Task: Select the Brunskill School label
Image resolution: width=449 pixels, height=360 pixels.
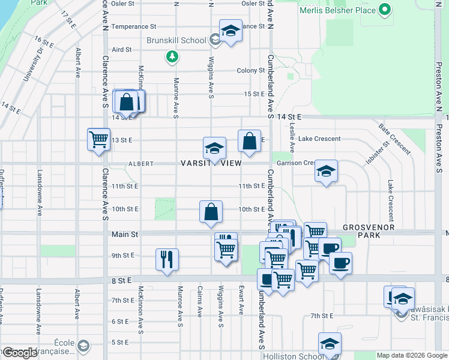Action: click(x=176, y=41)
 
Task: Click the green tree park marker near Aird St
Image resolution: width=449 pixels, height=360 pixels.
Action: click(x=172, y=57)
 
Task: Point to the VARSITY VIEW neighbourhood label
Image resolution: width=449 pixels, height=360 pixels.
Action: click(x=212, y=163)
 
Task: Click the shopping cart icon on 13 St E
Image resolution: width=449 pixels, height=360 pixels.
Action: click(x=98, y=140)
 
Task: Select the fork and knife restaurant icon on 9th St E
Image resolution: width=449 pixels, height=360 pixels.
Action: click(x=166, y=259)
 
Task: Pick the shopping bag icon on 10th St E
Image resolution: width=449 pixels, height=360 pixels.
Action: click(x=211, y=212)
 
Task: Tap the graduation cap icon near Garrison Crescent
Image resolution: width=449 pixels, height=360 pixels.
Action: click(x=326, y=172)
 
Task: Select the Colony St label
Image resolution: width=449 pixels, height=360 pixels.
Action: click(x=250, y=71)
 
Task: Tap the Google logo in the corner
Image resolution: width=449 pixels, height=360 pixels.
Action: click(x=20, y=353)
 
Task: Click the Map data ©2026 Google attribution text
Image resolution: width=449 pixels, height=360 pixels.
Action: click(x=412, y=356)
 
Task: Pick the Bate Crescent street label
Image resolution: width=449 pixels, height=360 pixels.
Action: click(x=391, y=138)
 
